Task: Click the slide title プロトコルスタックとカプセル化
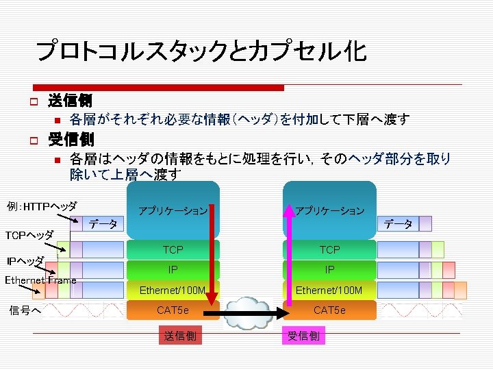tap(201, 51)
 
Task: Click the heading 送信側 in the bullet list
tap(70, 101)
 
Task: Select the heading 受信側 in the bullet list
tap(70, 140)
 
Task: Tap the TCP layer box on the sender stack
tap(173, 250)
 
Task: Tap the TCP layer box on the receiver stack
tap(329, 250)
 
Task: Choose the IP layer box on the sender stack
tap(173, 270)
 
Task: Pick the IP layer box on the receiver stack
tap(329, 270)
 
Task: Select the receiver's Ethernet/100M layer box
tap(329, 291)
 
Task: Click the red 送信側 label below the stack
tap(180, 336)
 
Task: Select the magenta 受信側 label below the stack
tap(303, 336)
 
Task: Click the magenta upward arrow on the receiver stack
tap(288, 254)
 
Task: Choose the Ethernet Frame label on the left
tap(40, 280)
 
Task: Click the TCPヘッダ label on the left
tap(29, 235)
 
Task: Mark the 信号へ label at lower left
tap(25, 310)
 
